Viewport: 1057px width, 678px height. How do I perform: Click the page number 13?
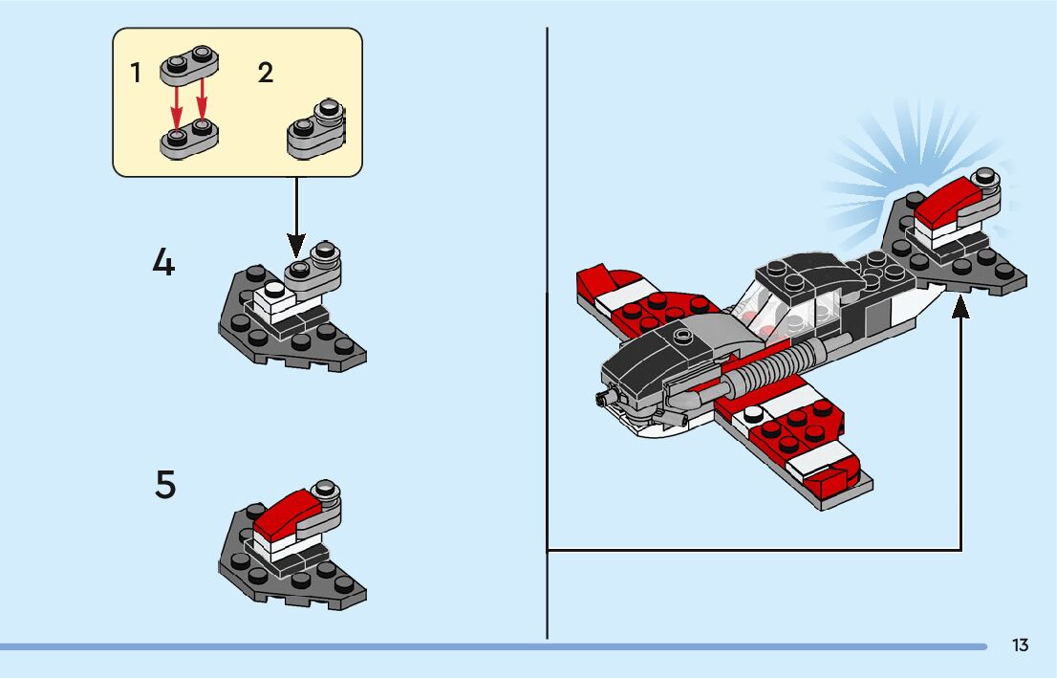1020,645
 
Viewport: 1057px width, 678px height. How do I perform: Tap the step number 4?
163,262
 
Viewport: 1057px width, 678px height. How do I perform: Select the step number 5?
165,485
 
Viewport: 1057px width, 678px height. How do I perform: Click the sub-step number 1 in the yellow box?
137,73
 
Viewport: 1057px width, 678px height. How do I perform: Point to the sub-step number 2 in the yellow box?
266,73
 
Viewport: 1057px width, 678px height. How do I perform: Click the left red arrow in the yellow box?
177,105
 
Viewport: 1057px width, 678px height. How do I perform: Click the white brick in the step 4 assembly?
275,299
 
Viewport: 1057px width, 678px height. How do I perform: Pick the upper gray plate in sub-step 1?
188,64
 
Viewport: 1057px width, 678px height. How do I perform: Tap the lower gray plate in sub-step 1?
188,139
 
